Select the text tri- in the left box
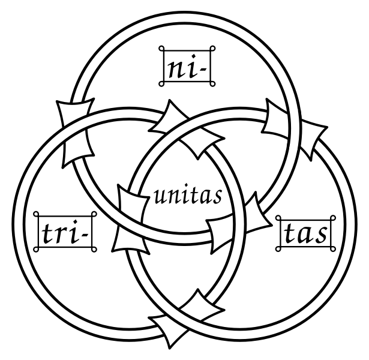65,232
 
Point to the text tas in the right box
305,233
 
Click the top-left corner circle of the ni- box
161,49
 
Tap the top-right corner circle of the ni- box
212,49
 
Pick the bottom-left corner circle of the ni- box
161,84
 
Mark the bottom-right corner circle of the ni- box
212,84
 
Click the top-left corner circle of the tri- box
36,214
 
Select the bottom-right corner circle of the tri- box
94,250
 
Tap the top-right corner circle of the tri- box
94,214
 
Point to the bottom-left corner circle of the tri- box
36,250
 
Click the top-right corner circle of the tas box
333,218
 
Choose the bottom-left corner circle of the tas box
278,249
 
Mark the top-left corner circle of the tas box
278,218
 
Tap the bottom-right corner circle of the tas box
333,249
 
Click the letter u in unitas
160,199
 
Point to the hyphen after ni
203,70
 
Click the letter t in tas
289,233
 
